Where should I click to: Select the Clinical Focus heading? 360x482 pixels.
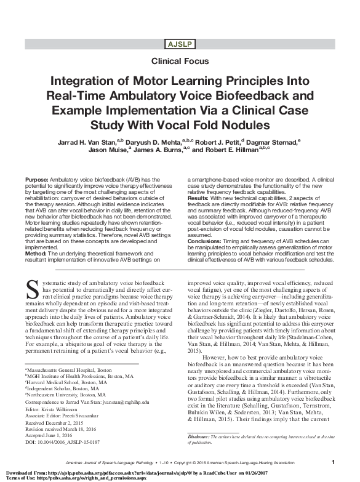180,61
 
